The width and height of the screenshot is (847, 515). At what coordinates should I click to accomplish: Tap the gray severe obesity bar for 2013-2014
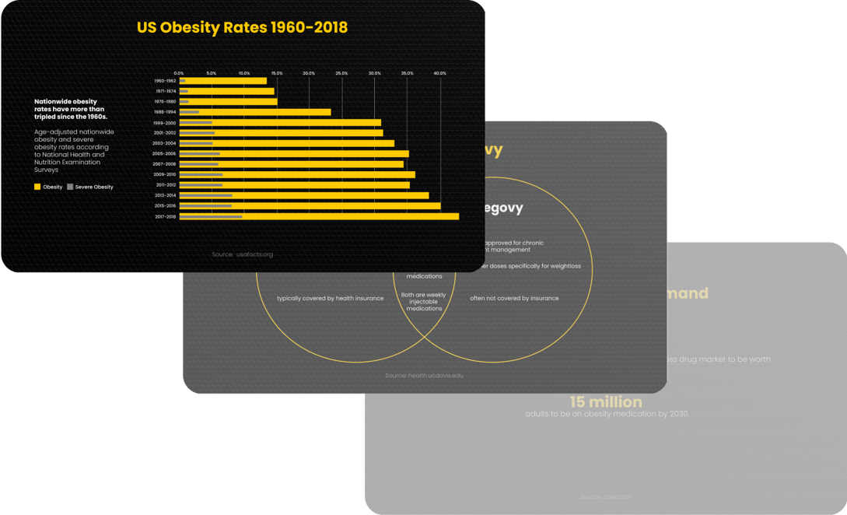pos(206,196)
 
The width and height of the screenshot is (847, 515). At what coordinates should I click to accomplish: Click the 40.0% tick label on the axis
pos(439,73)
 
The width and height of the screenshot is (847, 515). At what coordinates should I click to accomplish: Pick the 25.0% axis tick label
pos(341,73)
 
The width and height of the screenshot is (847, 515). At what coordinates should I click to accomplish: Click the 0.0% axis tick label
pos(179,73)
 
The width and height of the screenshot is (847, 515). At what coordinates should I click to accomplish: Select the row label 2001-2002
pos(165,133)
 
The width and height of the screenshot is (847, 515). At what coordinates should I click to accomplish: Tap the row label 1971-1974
pos(166,91)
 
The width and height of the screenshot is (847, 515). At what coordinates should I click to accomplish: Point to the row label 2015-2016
pos(165,206)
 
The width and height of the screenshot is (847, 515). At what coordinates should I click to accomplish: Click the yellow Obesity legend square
pos(37,187)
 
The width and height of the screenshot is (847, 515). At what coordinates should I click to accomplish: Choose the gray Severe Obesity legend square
pos(70,187)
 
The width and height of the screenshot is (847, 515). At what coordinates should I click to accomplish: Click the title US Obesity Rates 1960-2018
pos(242,28)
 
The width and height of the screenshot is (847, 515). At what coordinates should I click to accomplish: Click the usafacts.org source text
pos(242,254)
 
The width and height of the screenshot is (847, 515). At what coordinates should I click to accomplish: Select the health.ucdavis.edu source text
pos(424,376)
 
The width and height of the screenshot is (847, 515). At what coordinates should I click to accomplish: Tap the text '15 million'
pos(606,402)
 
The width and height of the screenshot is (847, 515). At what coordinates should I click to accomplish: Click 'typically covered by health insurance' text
pos(331,299)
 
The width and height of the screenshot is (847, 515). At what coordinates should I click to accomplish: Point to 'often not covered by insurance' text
pos(514,299)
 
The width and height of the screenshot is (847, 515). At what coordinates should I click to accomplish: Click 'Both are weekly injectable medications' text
pos(424,302)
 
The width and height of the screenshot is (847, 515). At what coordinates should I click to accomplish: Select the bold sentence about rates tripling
pos(71,109)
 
